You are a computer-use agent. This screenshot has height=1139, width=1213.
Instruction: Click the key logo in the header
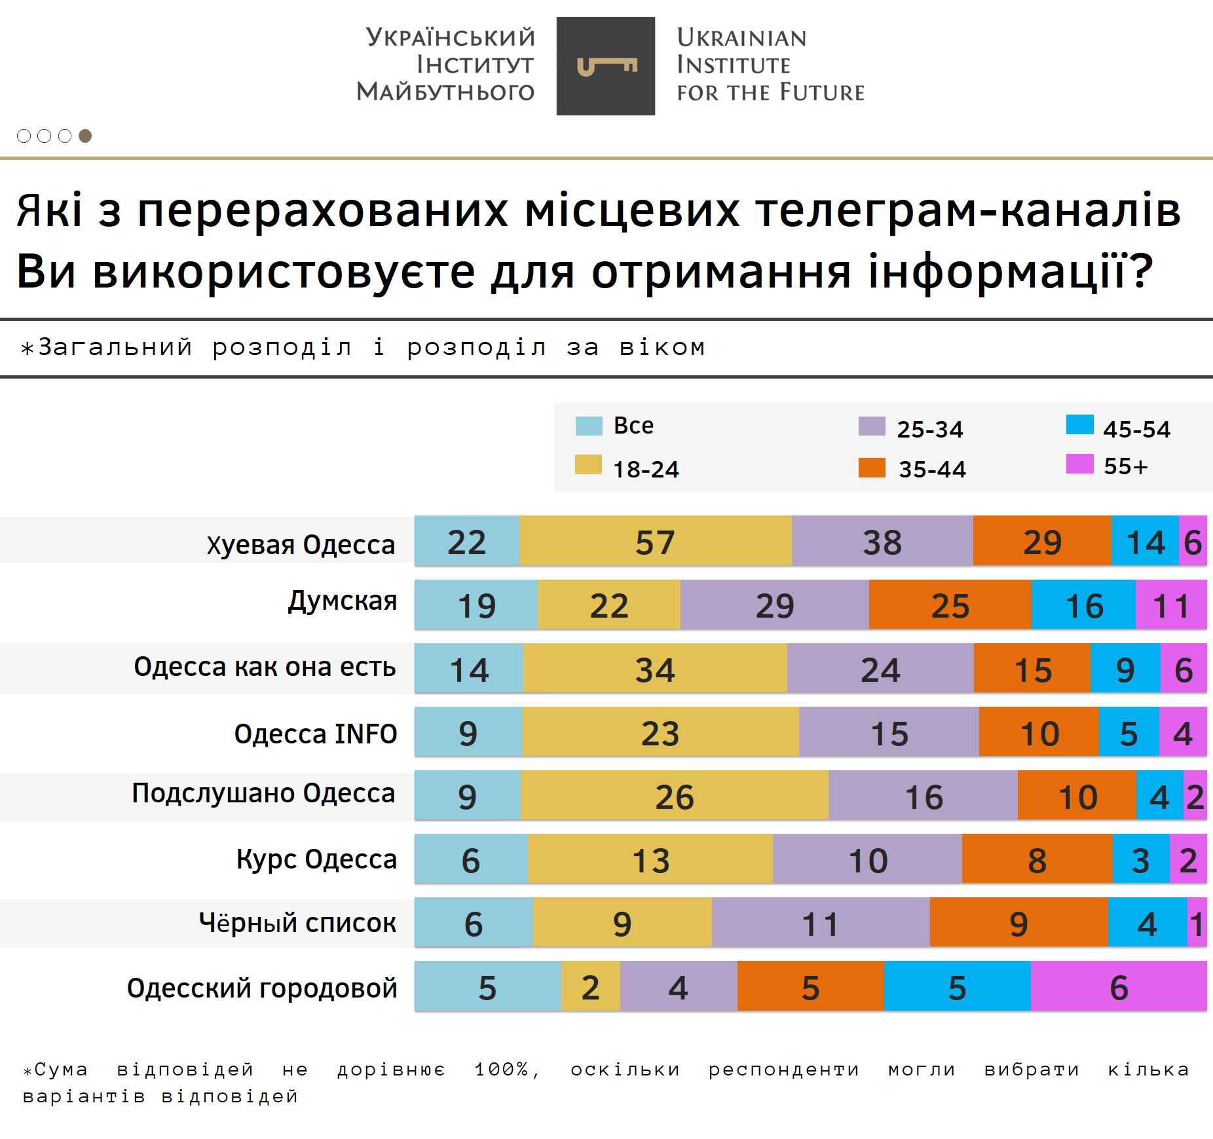click(x=606, y=66)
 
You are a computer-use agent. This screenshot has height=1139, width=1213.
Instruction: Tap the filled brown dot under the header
click(x=85, y=136)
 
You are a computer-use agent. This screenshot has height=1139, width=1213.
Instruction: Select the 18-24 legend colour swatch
click(x=588, y=464)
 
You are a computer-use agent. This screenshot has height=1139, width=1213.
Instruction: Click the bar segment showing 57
click(x=655, y=542)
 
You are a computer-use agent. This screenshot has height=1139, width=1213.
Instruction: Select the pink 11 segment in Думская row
click(x=1170, y=605)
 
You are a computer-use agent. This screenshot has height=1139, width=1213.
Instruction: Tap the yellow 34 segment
click(x=655, y=669)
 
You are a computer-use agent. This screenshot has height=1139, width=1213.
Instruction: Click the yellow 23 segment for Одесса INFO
click(x=660, y=733)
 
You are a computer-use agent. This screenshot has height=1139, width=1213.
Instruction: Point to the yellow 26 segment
click(x=674, y=796)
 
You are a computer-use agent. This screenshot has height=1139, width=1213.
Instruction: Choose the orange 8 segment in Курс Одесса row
click(x=1037, y=860)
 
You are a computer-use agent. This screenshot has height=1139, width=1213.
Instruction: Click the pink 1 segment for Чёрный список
click(x=1197, y=924)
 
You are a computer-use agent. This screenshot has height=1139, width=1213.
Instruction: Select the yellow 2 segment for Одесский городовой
click(x=590, y=987)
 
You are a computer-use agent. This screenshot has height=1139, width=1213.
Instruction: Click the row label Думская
click(x=343, y=601)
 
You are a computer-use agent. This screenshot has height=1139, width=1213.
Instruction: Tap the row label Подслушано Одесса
click(x=263, y=793)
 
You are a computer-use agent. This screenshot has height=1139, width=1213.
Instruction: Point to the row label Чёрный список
click(x=297, y=923)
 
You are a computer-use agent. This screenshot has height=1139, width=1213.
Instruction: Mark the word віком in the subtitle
click(x=662, y=348)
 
